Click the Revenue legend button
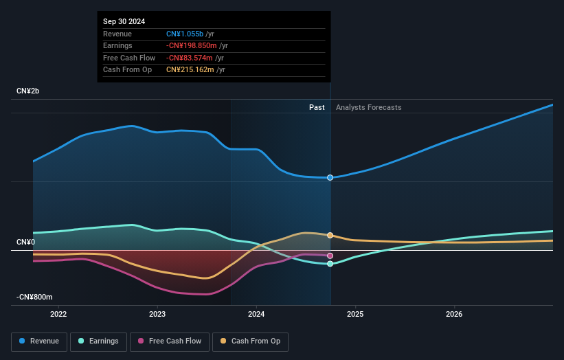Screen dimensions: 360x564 40,341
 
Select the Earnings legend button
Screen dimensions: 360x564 98,341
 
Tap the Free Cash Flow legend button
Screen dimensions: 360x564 170,341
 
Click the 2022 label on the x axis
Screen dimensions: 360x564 58,315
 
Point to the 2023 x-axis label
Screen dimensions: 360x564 157,315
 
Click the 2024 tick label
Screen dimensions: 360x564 256,315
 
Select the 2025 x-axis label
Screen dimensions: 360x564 355,315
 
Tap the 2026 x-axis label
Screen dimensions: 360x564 454,315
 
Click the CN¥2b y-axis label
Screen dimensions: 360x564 29,91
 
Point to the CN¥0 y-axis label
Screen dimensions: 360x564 26,242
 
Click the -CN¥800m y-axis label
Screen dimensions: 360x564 34,297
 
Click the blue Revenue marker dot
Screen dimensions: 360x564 330,177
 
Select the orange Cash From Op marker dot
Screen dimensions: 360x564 330,236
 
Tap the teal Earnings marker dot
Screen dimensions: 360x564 330,264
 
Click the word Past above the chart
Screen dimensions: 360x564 317,107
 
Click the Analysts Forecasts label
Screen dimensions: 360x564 368,107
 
